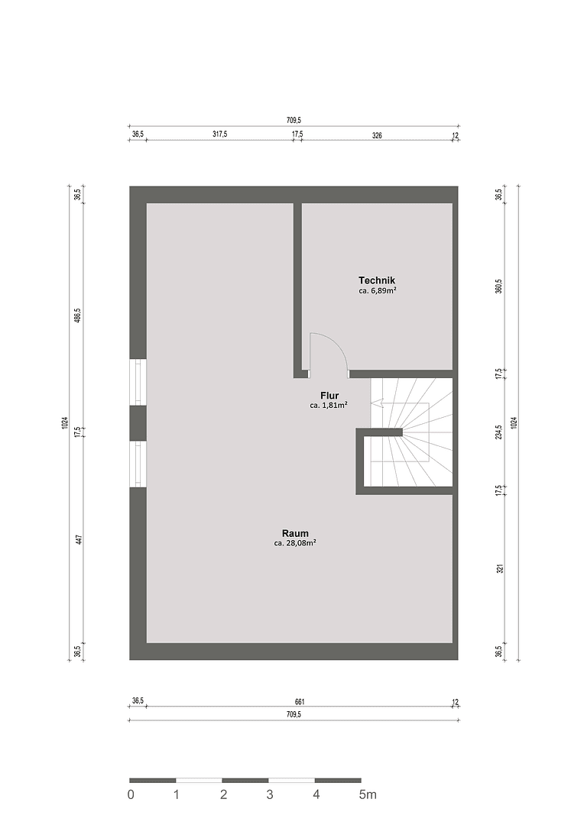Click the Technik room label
[377, 280]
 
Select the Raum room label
[295, 533]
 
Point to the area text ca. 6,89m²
[377, 291]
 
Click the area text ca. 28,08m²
[295, 544]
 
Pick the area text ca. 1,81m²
[329, 406]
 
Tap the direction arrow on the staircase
[377, 403]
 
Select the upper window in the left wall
[138, 382]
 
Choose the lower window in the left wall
[138, 464]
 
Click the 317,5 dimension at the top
[219, 134]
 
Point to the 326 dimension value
[377, 134]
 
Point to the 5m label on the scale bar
[368, 795]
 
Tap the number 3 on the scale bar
[270, 795]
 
